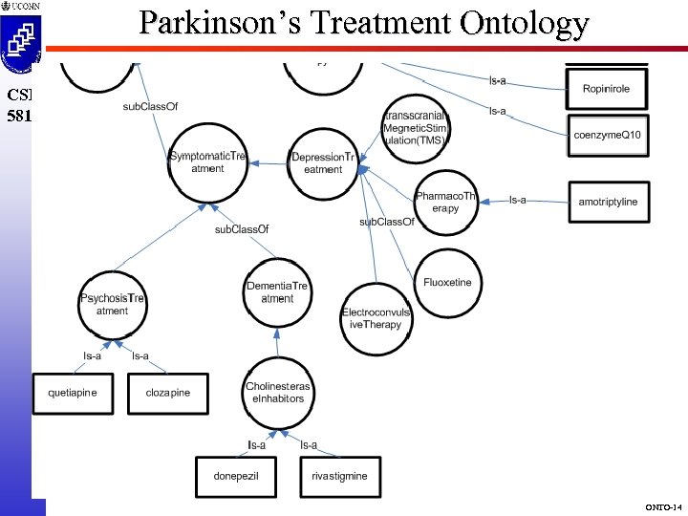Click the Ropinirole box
[x=607, y=89]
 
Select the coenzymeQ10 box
[x=608, y=136]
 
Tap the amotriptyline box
[x=608, y=202]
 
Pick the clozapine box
[x=168, y=393]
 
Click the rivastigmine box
[x=339, y=476]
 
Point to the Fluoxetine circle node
[x=448, y=283]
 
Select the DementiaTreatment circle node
[x=278, y=292]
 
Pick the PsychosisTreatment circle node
[x=112, y=305]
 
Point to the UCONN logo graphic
[x=21, y=37]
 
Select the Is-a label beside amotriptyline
[x=518, y=200]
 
